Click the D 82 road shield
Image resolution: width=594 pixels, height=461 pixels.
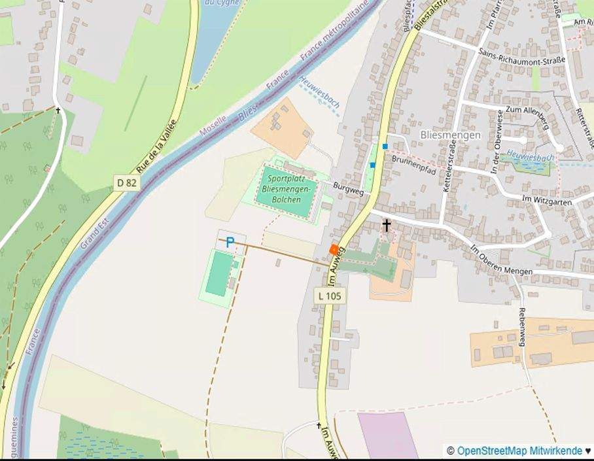pyautogui.click(x=127, y=182)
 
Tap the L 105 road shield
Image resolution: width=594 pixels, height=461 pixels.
pyautogui.click(x=330, y=296)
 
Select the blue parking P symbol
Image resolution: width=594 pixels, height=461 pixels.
pyautogui.click(x=230, y=243)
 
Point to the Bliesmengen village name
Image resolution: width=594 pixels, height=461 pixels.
pyautogui.click(x=451, y=135)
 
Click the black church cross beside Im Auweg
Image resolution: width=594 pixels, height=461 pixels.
pyautogui.click(x=387, y=226)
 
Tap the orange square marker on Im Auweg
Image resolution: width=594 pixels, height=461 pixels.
pyautogui.click(x=334, y=249)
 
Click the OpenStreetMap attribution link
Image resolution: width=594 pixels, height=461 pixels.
pyautogui.click(x=519, y=451)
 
